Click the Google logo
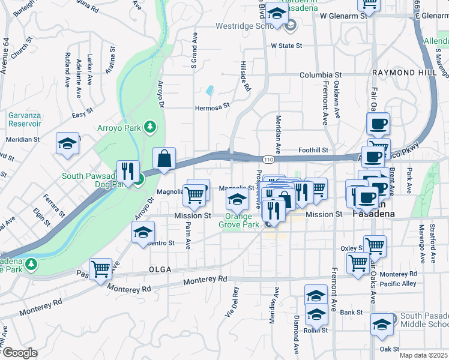coord(19,353)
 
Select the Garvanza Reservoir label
coord(25,119)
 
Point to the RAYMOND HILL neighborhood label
coord(402,72)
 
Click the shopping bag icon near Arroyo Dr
coord(164,159)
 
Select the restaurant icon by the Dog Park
coord(127,172)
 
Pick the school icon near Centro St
coord(143,232)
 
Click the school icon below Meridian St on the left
coord(67,144)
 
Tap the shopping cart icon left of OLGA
coord(100,269)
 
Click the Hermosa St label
coord(212,108)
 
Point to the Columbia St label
coord(317,76)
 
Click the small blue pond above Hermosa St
coord(209,91)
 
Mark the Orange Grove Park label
coord(242,220)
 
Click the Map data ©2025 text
coord(423,355)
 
